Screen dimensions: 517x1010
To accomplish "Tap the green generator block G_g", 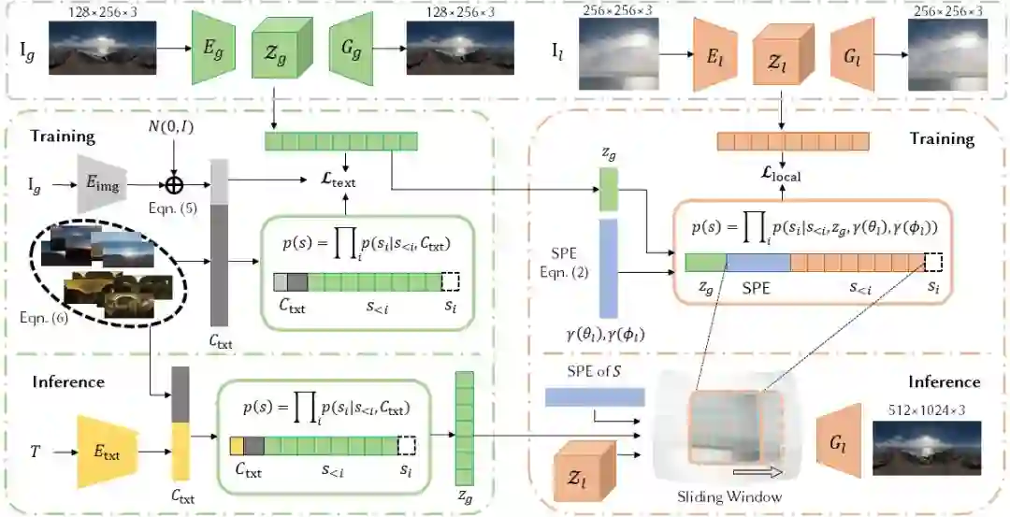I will click(353, 49).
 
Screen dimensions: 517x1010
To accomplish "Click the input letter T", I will click(34, 452).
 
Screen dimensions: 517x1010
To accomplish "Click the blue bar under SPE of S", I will click(595, 397).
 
